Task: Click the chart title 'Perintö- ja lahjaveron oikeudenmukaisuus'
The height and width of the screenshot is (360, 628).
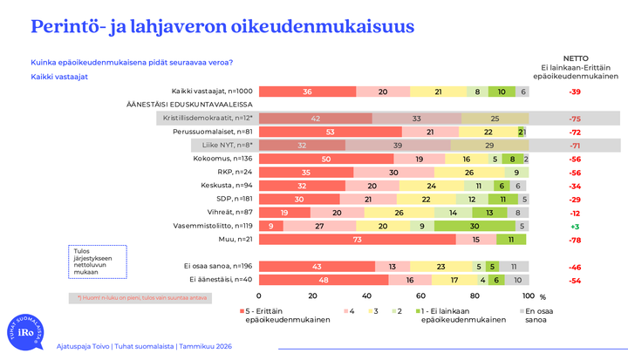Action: pyautogui.click(x=222, y=27)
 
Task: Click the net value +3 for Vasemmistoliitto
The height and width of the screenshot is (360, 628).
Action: pyautogui.click(x=575, y=225)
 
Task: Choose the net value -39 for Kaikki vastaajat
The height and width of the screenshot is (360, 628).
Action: pyautogui.click(x=575, y=92)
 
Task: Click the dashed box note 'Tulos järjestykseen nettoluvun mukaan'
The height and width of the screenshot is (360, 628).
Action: pyautogui.click(x=98, y=260)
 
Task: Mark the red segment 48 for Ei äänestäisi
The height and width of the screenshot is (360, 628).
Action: pyautogui.click(x=324, y=280)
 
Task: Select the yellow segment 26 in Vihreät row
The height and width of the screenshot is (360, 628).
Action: pyautogui.click(x=399, y=212)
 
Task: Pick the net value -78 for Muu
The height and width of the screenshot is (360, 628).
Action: pyautogui.click(x=575, y=238)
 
